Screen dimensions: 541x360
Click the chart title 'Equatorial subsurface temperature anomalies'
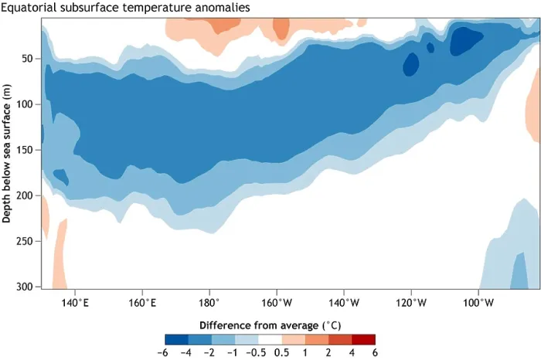click(125, 7)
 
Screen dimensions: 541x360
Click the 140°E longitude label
click(75, 303)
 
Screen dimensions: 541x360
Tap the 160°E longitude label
click(142, 303)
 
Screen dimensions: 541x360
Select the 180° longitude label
click(209, 303)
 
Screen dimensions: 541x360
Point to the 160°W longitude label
click(277, 303)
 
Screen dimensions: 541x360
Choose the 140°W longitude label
click(344, 303)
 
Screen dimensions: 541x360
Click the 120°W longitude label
click(411, 303)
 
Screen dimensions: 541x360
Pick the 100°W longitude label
click(478, 303)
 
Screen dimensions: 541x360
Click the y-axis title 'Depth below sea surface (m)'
click(6, 154)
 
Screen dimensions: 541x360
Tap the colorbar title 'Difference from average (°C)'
click(270, 325)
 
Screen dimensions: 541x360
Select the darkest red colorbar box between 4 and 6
click(363, 339)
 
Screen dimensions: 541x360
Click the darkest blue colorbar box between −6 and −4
click(177, 339)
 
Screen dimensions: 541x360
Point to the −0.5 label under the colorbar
click(256, 353)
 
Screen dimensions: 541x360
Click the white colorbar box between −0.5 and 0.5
click(270, 339)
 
